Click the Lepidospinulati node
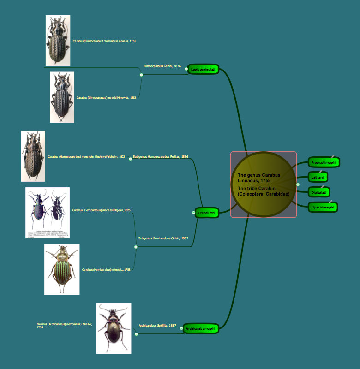pos(203,69)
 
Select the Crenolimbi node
pos(206,213)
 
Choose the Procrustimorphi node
pos(324,162)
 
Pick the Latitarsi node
pos(318,177)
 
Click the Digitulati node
pos(319,192)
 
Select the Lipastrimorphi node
pos(323,208)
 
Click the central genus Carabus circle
pos(264,184)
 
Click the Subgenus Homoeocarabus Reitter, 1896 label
pos(160,157)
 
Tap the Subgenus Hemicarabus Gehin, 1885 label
pos(163,238)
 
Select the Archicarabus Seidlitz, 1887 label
pos(157,326)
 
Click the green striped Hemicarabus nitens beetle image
pos(62,269)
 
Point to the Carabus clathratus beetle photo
pos(58,41)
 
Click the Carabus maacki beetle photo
pos(62,97)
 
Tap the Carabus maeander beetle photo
pos(33,156)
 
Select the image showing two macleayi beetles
pos(47,213)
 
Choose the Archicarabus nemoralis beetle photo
pos(114,328)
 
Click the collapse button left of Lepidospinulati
pos(186,69)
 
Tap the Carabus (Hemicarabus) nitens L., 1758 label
pos(106,270)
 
